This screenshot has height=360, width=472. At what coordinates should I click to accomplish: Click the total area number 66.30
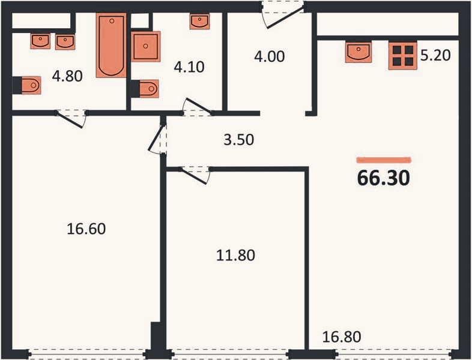click(383, 178)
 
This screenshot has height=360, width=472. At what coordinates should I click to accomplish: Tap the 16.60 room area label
click(86, 229)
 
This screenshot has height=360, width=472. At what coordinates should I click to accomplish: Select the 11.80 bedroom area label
click(235, 256)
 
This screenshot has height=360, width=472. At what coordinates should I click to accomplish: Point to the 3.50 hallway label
click(239, 140)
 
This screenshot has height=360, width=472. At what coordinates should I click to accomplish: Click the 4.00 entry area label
click(270, 56)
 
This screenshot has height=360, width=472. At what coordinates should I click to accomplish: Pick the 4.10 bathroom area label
click(189, 67)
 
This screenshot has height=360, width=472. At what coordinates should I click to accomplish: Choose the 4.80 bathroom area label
click(67, 76)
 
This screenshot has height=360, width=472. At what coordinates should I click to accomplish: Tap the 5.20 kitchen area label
click(435, 55)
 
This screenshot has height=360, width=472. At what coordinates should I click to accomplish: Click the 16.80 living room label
click(341, 337)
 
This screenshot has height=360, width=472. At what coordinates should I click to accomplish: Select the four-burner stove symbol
click(403, 56)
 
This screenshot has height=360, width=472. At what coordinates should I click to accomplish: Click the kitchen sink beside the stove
click(359, 52)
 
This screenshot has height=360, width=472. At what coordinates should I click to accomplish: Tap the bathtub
click(111, 45)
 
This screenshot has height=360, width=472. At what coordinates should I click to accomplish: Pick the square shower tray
click(146, 46)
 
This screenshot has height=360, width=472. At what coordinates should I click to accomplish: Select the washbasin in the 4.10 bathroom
click(199, 22)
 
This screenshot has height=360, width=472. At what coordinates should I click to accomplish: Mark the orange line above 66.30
click(384, 160)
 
